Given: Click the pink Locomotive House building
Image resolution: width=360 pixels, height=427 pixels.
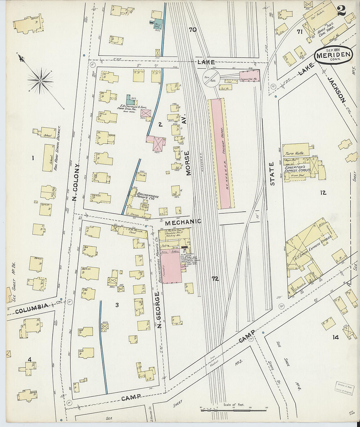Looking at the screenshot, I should (x=250, y=76).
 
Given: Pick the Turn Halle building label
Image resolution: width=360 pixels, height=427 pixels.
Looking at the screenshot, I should (x=295, y=153).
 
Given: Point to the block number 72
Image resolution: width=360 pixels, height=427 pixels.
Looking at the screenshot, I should (x=215, y=279).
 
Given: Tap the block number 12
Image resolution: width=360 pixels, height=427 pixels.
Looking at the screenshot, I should (x=323, y=193).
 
